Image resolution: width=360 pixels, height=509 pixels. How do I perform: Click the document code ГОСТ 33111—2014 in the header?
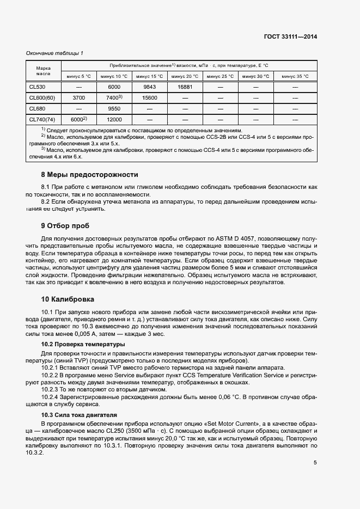pyautogui.click(x=291, y=36)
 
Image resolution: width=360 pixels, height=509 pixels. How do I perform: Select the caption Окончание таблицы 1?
pyautogui.click(x=55, y=53)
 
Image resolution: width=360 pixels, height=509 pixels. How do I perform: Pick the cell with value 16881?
pyautogui.click(x=186, y=87)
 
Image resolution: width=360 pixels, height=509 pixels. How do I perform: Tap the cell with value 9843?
pyautogui.click(x=150, y=87)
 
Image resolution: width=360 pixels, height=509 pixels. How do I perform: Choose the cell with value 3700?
pyautogui.click(x=78, y=97)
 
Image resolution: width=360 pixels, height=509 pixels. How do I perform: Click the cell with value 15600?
pyautogui.click(x=150, y=97)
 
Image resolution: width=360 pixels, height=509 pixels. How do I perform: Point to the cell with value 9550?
pyautogui.click(x=114, y=108)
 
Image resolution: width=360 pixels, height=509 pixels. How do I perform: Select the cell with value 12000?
pyautogui.click(x=114, y=119)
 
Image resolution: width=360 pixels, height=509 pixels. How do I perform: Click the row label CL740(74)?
pyautogui.click(x=42, y=119)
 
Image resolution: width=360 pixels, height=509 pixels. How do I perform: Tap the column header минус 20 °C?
pyautogui.click(x=186, y=76)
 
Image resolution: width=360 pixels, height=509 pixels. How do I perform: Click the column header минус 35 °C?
pyautogui.click(x=295, y=76)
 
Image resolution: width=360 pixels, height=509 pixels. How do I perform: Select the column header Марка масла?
pyautogui.click(x=44, y=71)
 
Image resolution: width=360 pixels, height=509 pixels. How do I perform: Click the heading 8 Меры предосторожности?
pyautogui.click(x=90, y=175)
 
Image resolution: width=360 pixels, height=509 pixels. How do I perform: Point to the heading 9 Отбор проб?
pyautogui.click(x=65, y=225)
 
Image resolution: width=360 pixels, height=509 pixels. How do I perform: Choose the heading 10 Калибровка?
pyautogui.click(x=68, y=299)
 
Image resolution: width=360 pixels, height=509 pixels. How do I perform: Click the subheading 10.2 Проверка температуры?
pyautogui.click(x=83, y=345)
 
